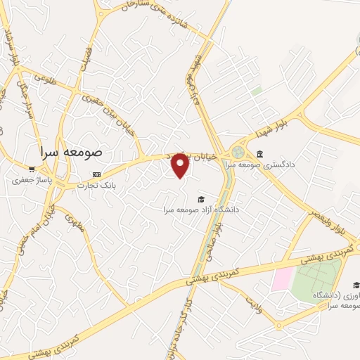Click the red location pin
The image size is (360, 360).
181,165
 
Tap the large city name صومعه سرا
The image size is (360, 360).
72,151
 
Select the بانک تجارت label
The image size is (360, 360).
98,186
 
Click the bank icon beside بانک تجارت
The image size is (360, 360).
97,174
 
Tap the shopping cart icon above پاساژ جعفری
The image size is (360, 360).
32,169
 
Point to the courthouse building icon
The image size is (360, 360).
259,154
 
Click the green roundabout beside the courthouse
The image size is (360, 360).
238,152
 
